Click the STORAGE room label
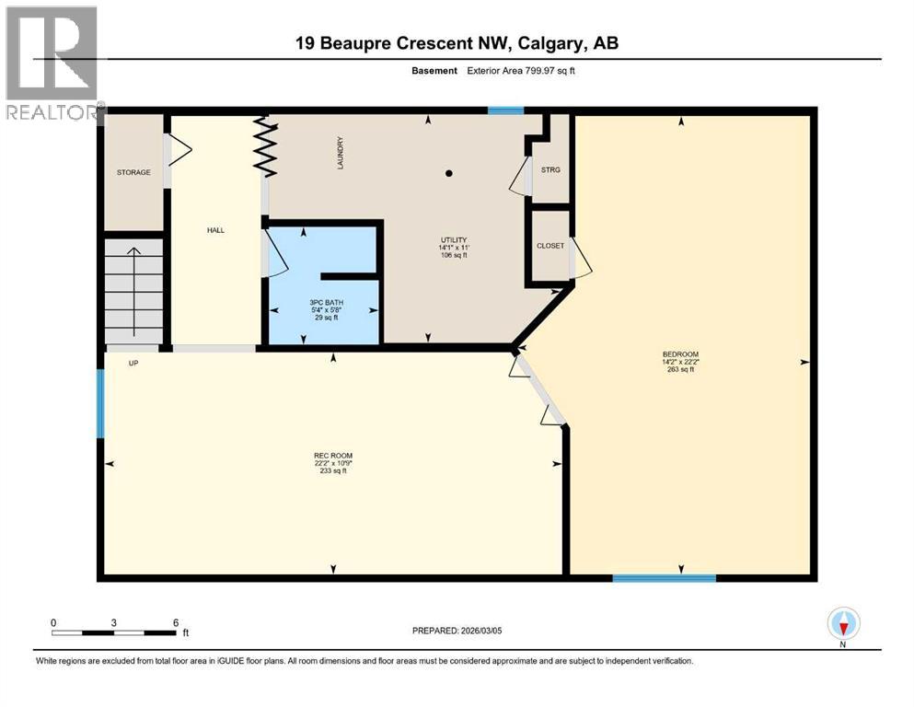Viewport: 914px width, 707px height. point(133,172)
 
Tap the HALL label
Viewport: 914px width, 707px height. point(215,230)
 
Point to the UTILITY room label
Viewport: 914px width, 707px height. point(453,240)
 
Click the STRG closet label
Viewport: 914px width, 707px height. point(550,170)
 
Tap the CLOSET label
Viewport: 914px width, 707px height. point(550,246)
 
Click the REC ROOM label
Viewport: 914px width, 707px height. point(333,456)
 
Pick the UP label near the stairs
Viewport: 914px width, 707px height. point(133,363)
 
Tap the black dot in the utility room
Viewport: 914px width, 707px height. point(449,172)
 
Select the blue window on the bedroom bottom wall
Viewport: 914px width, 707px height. point(664,578)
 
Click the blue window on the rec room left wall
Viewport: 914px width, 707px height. point(100,403)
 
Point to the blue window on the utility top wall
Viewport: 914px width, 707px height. point(505,110)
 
